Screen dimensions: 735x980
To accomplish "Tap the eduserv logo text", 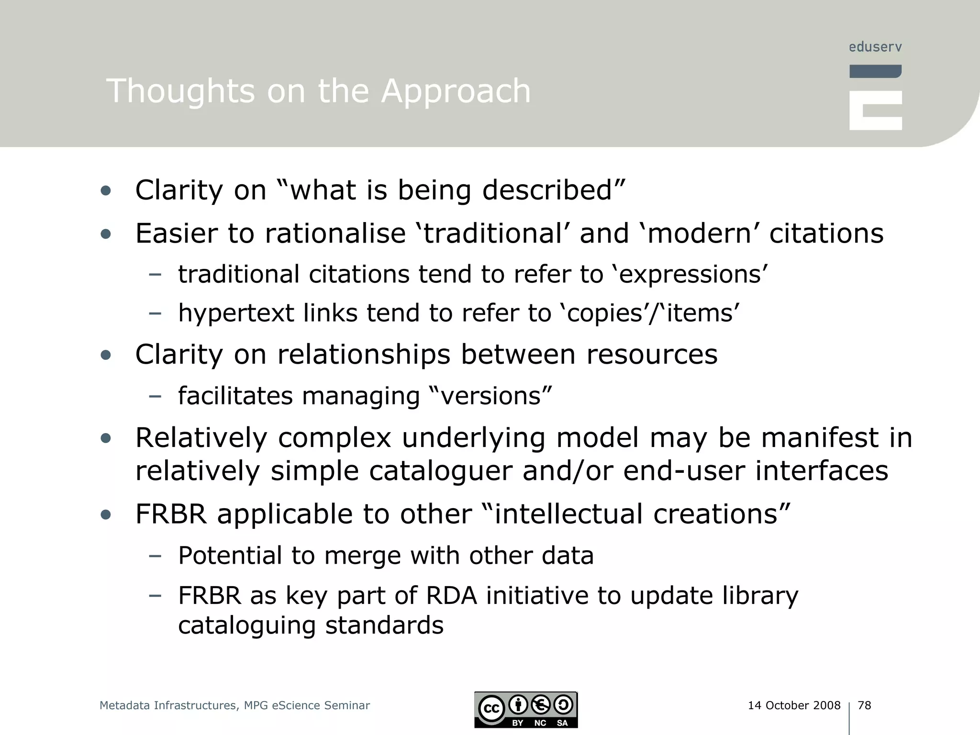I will coord(875,47).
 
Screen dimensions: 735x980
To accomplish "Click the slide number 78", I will coord(864,705).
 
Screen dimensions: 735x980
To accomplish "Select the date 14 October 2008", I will coord(794,705).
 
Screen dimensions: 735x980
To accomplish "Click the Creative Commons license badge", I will coord(526,710).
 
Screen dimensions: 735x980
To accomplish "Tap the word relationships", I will coord(364,355).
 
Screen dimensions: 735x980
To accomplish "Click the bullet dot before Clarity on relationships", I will coord(106,355).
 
